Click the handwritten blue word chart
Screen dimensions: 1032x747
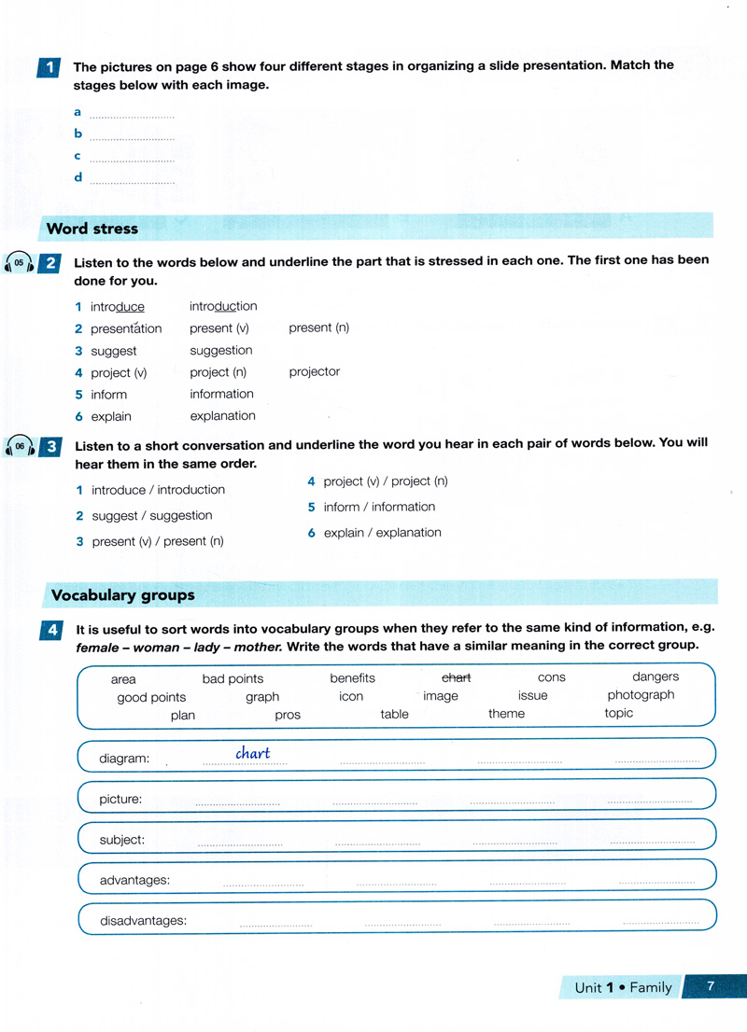(252, 753)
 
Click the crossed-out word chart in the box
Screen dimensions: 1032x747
(456, 678)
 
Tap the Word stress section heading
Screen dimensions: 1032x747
(92, 229)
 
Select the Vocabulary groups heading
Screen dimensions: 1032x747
(122, 594)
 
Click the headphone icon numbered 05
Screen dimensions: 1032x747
(19, 263)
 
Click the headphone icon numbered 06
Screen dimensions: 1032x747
(19, 447)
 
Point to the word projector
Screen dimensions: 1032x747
(314, 371)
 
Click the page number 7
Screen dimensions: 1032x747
(710, 985)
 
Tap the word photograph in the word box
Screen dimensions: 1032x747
(641, 695)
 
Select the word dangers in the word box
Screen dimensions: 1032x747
(655, 676)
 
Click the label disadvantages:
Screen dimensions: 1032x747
(143, 920)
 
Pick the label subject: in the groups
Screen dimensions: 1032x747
(121, 840)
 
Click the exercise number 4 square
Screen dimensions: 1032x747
(50, 630)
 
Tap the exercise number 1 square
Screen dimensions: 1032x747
(49, 67)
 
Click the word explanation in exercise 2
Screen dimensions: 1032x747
(222, 416)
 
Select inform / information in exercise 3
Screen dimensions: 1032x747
(379, 507)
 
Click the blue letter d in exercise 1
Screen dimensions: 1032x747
(78, 177)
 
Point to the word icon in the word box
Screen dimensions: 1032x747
(351, 696)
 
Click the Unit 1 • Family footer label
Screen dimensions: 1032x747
(623, 987)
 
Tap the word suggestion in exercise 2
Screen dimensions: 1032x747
(220, 350)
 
